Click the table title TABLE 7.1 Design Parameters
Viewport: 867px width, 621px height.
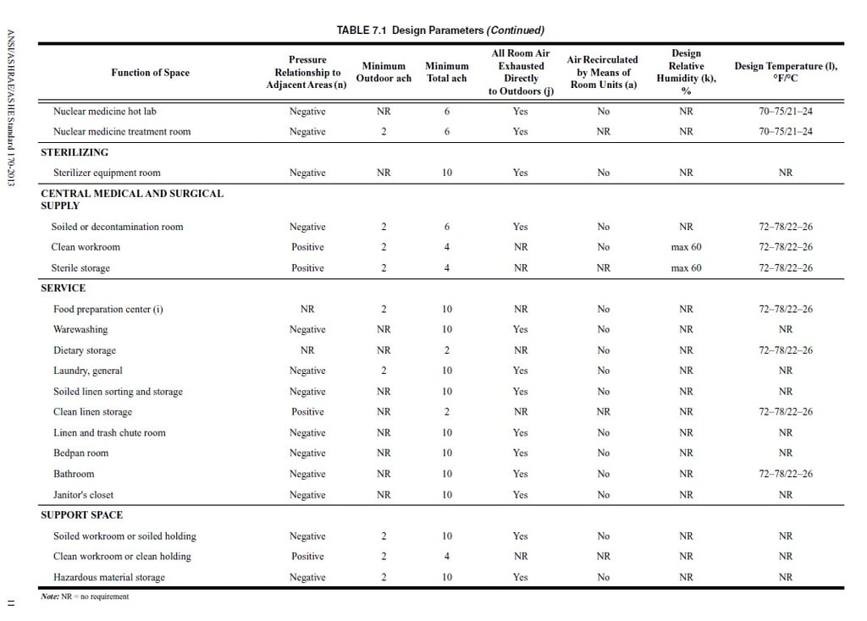(440, 30)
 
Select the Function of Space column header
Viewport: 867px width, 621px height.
(150, 73)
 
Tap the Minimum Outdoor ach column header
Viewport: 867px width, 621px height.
(384, 72)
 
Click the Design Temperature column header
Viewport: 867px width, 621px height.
(785, 72)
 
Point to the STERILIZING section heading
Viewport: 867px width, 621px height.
(75, 152)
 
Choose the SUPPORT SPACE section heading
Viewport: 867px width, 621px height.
(81, 515)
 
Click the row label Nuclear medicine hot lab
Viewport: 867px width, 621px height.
(104, 111)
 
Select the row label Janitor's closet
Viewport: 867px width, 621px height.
(83, 495)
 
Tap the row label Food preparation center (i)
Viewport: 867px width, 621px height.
(108, 309)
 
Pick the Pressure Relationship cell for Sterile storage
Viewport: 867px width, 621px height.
(307, 268)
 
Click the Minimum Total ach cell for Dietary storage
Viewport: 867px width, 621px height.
(447, 350)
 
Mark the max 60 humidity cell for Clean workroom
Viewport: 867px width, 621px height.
(686, 247)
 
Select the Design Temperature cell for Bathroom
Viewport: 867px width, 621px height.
(785, 474)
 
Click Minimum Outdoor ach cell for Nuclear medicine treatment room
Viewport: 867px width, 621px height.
(384, 131)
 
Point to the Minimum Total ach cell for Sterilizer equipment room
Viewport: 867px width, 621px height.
(447, 173)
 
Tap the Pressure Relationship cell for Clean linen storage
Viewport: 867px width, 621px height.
(307, 412)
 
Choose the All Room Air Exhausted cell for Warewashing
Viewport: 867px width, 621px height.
(520, 329)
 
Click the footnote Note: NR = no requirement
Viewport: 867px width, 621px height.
(85, 596)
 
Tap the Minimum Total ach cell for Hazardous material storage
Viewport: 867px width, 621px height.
(447, 577)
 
